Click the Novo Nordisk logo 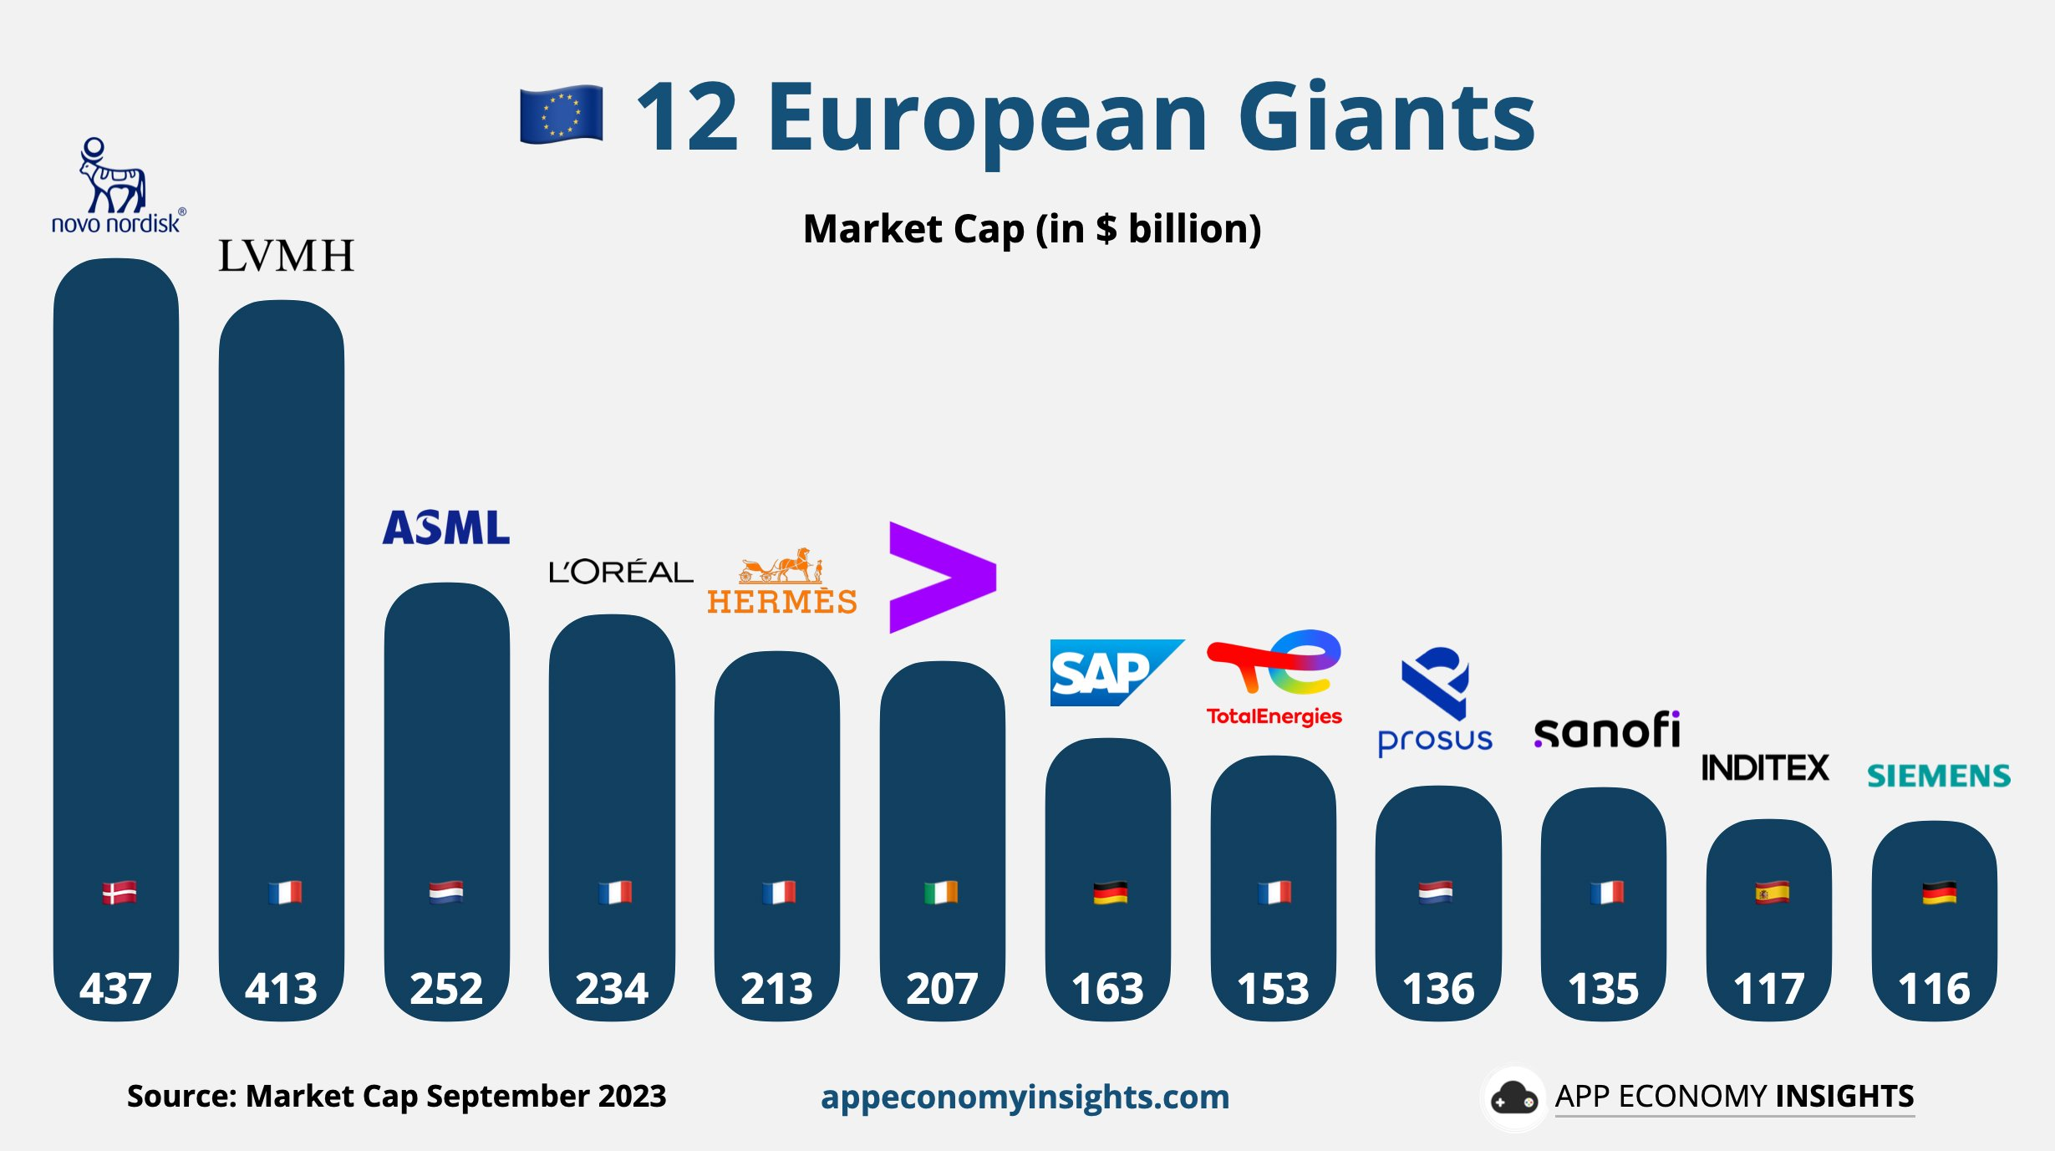(116, 186)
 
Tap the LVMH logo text (286, 256)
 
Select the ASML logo (446, 528)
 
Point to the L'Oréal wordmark (620, 572)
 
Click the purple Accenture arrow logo (942, 577)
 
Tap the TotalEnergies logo (1274, 678)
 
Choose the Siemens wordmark (1938, 776)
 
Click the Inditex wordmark (1765, 767)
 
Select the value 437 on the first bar (115, 989)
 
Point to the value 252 (446, 989)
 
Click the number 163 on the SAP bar (1107, 989)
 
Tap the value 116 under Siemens (1934, 989)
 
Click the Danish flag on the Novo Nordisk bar (119, 893)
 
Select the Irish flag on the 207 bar (941, 893)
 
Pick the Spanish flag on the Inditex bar (1772, 893)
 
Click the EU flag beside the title (561, 115)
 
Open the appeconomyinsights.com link (1025, 1097)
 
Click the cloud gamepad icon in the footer (1513, 1098)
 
